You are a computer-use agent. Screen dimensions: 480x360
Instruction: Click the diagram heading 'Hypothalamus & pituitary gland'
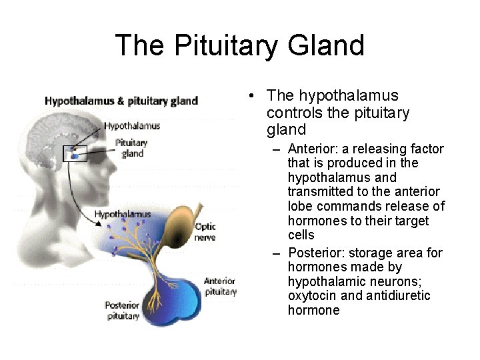(121, 101)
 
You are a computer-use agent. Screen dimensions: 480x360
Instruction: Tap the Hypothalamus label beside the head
(132, 125)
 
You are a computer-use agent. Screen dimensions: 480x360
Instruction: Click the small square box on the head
(75, 153)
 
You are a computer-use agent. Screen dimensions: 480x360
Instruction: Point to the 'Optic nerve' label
(205, 232)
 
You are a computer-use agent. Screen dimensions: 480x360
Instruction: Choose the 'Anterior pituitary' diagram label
(220, 286)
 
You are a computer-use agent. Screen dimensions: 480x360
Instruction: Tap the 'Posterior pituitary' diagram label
(122, 311)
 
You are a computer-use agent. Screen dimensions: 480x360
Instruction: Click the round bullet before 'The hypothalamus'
(249, 97)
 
